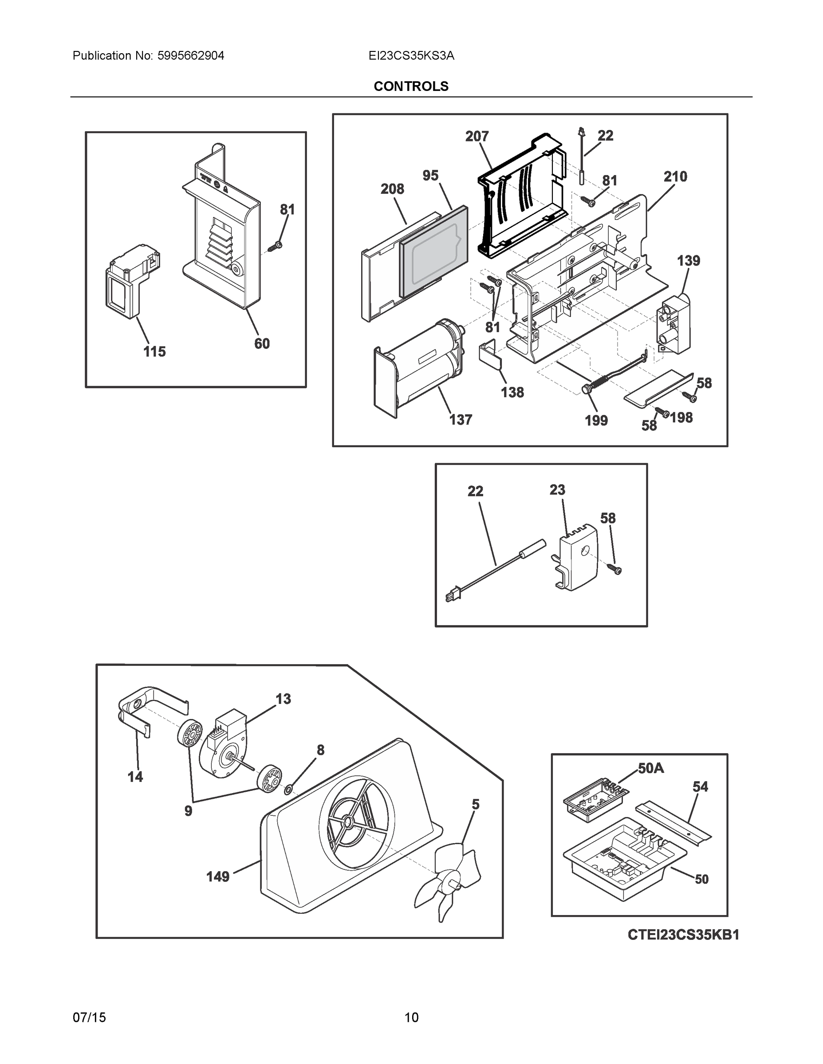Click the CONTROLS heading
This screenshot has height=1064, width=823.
click(410, 86)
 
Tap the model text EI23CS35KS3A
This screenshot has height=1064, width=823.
click(411, 56)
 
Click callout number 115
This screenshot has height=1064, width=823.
click(154, 351)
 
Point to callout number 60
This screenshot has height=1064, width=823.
click(262, 344)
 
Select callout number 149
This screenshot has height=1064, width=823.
click(217, 877)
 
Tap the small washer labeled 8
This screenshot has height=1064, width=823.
click(289, 789)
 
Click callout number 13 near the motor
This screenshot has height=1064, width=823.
click(283, 699)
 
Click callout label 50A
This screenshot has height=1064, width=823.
click(650, 768)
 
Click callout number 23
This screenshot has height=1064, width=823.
click(557, 489)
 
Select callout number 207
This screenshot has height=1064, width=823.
click(476, 137)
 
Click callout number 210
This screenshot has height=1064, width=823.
click(675, 176)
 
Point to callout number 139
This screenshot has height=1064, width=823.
click(688, 261)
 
